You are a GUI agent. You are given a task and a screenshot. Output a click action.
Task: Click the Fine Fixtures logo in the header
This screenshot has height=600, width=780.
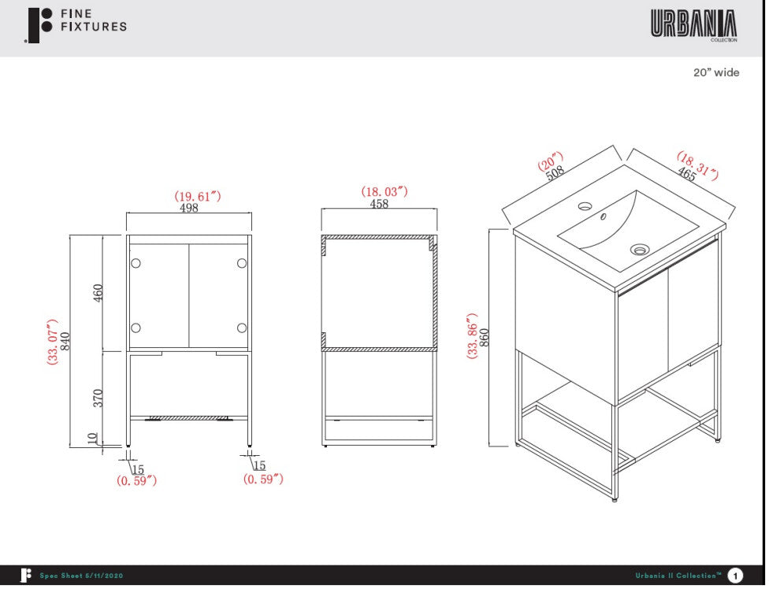pyautogui.click(x=76, y=25)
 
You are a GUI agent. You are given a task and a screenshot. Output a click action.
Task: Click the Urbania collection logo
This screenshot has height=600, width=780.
pyautogui.click(x=694, y=25)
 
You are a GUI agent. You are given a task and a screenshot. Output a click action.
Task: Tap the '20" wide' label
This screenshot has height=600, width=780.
pyautogui.click(x=716, y=72)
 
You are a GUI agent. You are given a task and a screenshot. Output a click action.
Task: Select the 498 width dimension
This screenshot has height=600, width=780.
pyautogui.click(x=189, y=208)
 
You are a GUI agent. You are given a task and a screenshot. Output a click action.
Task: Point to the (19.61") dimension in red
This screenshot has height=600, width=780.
pyautogui.click(x=198, y=196)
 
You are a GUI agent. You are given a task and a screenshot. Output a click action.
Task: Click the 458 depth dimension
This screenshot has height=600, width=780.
pyautogui.click(x=379, y=204)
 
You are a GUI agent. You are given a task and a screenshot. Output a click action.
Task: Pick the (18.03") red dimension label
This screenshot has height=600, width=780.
pyautogui.click(x=384, y=191)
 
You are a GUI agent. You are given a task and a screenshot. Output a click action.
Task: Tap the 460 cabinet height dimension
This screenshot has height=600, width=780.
pyautogui.click(x=98, y=293)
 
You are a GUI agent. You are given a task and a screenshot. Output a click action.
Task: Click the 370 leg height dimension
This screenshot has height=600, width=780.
pyautogui.click(x=98, y=398)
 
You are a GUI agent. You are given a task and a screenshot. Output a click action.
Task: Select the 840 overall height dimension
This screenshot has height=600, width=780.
pyautogui.click(x=65, y=342)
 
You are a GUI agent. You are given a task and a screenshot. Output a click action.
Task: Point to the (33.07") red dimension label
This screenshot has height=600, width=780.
pyautogui.click(x=52, y=342)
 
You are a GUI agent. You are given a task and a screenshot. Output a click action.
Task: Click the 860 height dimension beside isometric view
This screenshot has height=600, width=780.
pyautogui.click(x=484, y=338)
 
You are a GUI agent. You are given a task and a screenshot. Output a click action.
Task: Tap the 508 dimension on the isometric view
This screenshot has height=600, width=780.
pyautogui.click(x=555, y=173)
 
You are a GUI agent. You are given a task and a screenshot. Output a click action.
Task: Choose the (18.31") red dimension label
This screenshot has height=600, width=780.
pyautogui.click(x=697, y=165)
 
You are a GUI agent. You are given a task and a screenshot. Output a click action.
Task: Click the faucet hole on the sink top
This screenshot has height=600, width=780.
pyautogui.click(x=585, y=205)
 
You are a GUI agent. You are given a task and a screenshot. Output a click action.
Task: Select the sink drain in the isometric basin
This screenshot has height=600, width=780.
pyautogui.click(x=639, y=249)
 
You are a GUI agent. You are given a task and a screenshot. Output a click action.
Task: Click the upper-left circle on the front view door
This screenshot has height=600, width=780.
pyautogui.click(x=136, y=263)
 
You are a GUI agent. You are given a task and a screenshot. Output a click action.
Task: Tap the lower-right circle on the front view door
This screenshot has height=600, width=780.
pyautogui.click(x=242, y=328)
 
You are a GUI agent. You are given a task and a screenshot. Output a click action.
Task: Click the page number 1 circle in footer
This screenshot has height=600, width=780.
pyautogui.click(x=735, y=576)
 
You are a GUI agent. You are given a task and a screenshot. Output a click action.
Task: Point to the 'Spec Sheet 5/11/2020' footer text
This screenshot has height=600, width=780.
pyautogui.click(x=82, y=576)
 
